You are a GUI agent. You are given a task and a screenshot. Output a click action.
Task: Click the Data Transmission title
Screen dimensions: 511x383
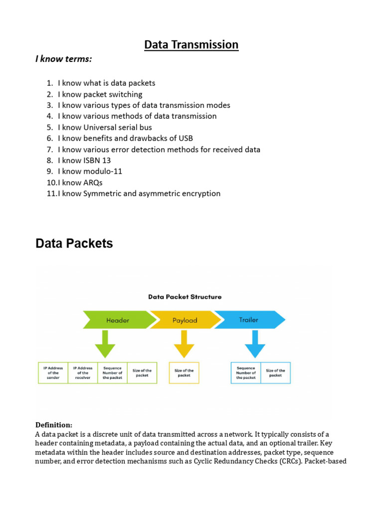[191, 45]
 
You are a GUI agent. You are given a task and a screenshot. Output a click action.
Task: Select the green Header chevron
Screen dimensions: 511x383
[118, 320]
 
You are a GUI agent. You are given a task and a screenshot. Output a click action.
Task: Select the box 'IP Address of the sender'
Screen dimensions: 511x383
[53, 373]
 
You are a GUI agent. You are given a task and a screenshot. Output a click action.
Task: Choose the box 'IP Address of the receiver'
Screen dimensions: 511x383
[83, 373]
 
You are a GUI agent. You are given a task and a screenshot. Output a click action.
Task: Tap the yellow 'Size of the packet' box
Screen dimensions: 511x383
[184, 373]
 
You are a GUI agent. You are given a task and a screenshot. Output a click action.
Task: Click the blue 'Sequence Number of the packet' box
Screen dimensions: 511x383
[246, 373]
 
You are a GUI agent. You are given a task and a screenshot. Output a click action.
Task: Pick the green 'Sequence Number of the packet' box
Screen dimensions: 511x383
[112, 373]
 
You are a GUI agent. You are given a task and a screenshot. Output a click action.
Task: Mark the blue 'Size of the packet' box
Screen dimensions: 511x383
[275, 373]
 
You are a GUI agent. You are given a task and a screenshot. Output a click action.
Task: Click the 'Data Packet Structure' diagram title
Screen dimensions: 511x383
[185, 296]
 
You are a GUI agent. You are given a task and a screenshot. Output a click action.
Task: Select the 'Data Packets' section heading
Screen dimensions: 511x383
[74, 244]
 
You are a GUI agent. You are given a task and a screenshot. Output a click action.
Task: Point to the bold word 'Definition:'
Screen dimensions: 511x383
[54, 425]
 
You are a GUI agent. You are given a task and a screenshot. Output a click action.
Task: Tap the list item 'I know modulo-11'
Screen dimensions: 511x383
[90, 171]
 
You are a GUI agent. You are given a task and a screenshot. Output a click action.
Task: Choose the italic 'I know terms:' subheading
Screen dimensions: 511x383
[63, 59]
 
